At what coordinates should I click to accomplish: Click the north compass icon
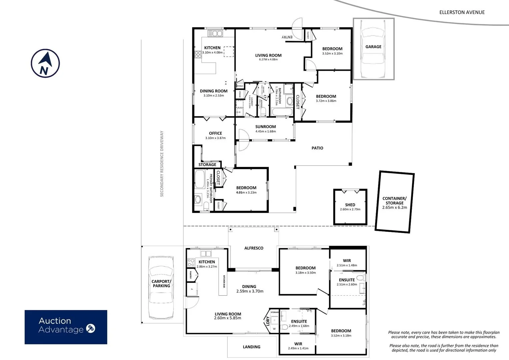[x=45, y=63]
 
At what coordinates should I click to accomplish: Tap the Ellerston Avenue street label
[x=462, y=12]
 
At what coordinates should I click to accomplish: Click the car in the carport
[x=161, y=287]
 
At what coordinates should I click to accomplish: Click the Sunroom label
[x=265, y=127]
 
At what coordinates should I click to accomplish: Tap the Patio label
[x=317, y=148]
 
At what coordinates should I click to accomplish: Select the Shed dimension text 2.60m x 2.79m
[x=350, y=209]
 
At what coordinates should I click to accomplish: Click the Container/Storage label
[x=394, y=201]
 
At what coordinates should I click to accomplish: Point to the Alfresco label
[x=254, y=248]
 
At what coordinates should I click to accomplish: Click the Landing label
[x=252, y=347]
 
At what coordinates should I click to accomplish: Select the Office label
[x=216, y=133]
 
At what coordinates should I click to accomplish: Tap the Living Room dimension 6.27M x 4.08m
[x=268, y=60]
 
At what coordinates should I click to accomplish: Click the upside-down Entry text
[x=287, y=37]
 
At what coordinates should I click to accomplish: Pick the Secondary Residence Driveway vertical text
[x=162, y=163]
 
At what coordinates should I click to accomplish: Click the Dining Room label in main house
[x=214, y=91]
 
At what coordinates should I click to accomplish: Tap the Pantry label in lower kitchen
[x=191, y=275]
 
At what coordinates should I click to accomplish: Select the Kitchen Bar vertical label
[x=224, y=281]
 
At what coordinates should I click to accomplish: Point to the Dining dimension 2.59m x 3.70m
[x=250, y=291]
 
